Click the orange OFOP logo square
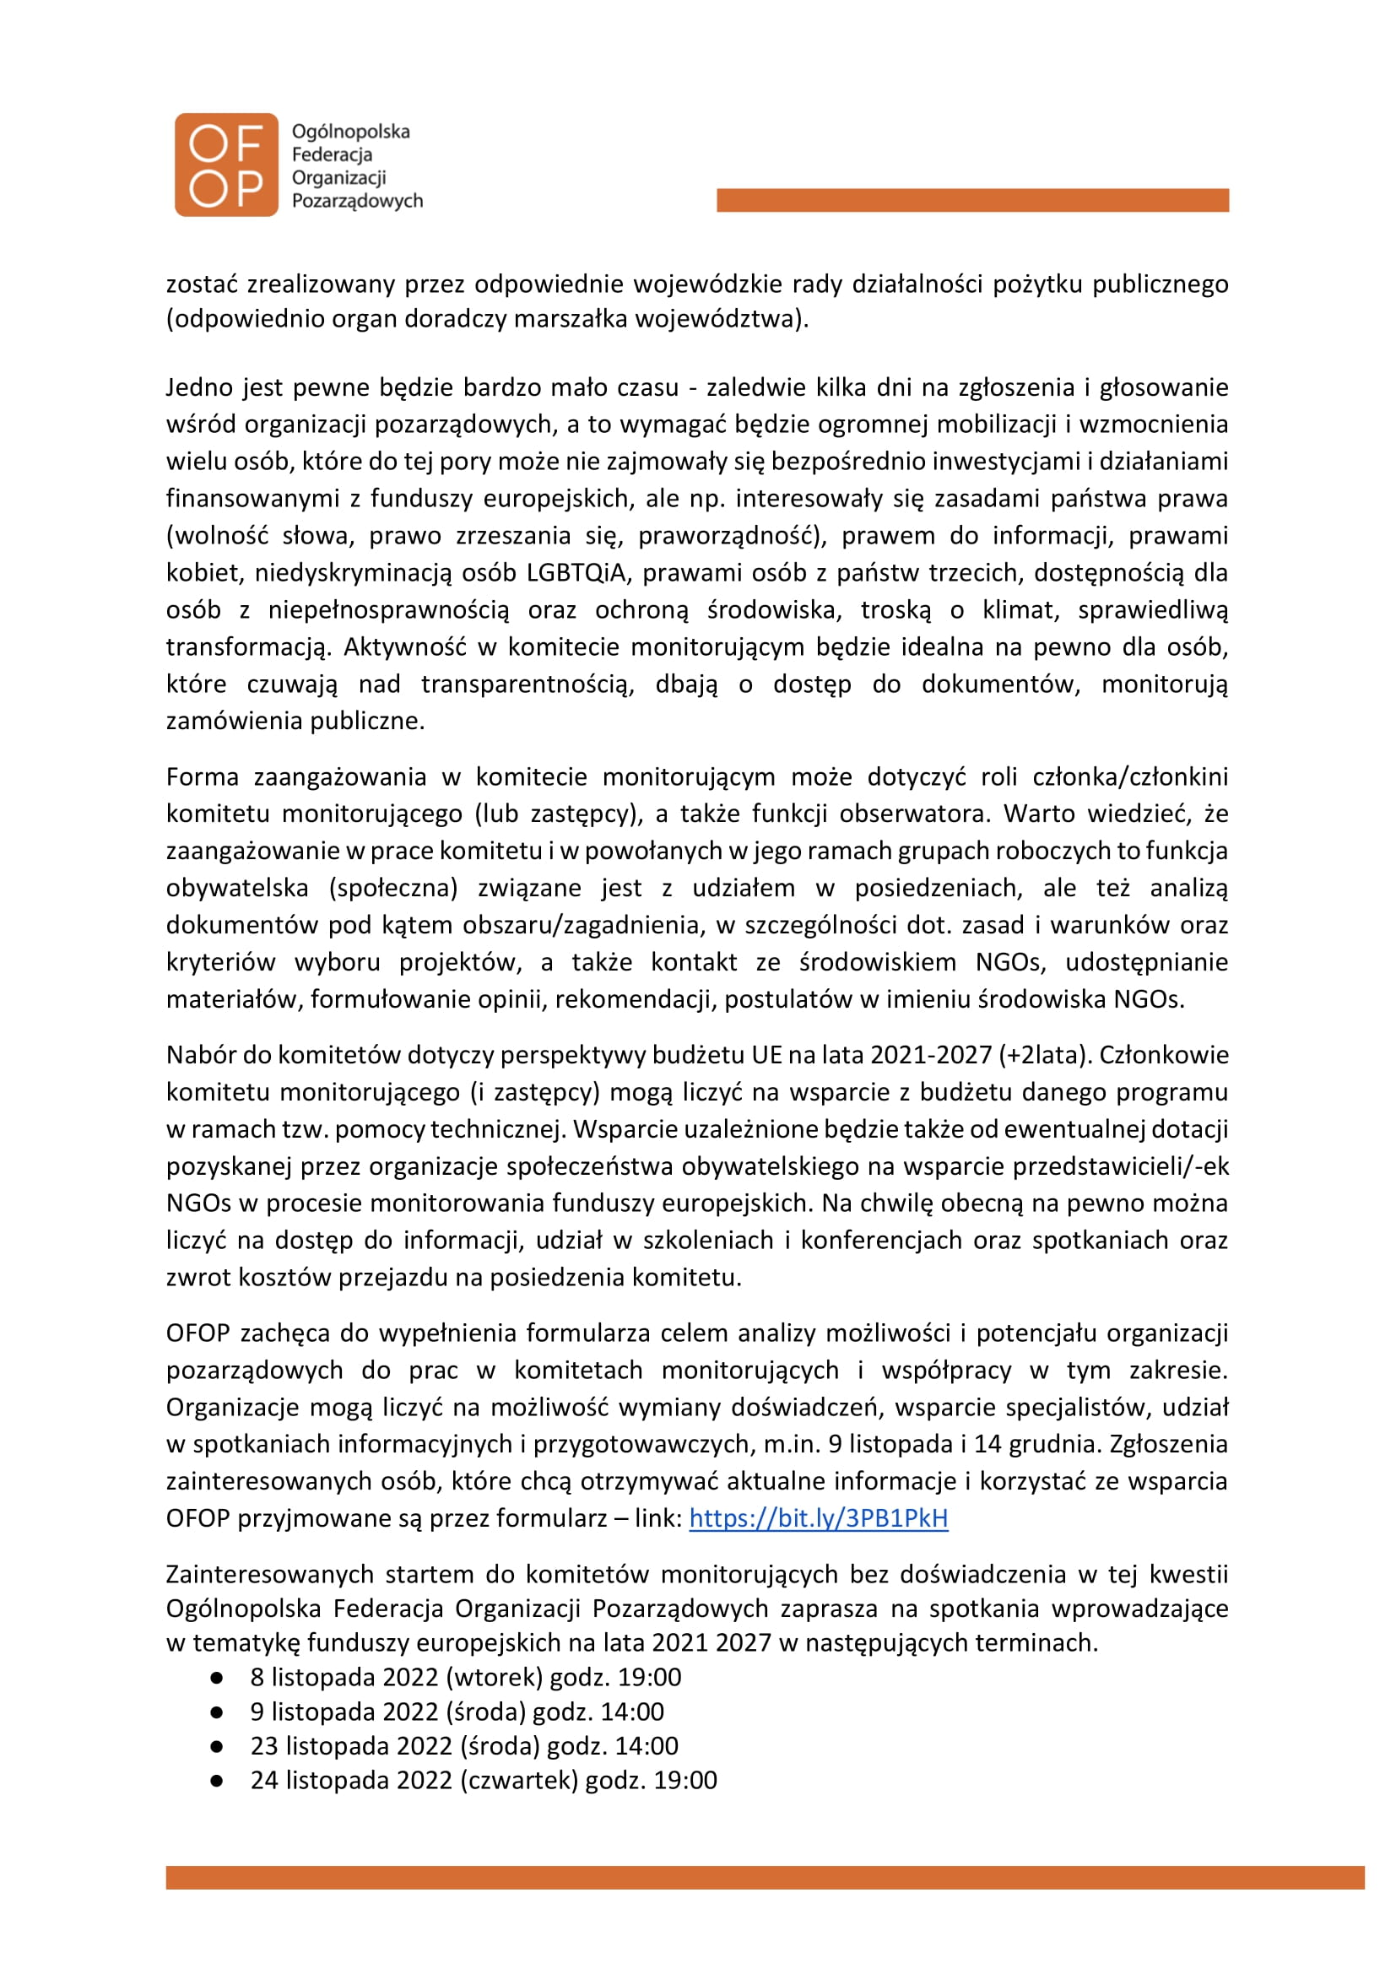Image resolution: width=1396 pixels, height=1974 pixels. (x=226, y=165)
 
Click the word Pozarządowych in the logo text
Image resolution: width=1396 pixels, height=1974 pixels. (x=357, y=201)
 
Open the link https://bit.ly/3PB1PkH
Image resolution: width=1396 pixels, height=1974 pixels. (x=818, y=1517)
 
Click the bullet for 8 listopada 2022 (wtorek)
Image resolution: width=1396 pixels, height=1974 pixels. (x=217, y=1678)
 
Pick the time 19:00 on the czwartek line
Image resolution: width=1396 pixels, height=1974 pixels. (x=685, y=1780)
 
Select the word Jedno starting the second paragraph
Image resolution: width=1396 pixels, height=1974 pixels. (x=198, y=387)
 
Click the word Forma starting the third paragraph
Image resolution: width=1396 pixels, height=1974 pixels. (x=202, y=777)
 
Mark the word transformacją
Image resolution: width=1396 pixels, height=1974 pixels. (x=246, y=646)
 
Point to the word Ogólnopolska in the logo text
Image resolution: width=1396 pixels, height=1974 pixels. (x=351, y=132)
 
